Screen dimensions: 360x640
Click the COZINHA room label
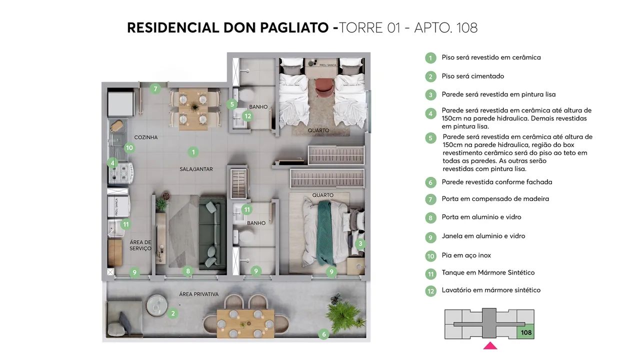click(x=145, y=137)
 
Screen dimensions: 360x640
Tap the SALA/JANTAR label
click(x=196, y=169)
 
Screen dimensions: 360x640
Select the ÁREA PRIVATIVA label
click(x=199, y=294)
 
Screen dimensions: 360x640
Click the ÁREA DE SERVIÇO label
click(x=140, y=245)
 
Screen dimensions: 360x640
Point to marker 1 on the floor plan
click(x=193, y=152)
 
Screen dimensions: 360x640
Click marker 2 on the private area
click(x=173, y=313)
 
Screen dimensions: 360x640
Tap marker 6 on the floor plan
click(x=323, y=334)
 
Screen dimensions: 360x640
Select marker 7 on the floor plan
click(x=155, y=89)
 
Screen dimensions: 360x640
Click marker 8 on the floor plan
click(x=188, y=271)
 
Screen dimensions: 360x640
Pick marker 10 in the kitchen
click(x=129, y=147)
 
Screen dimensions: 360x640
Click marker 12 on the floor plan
click(x=247, y=116)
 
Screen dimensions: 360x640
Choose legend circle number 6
click(x=430, y=182)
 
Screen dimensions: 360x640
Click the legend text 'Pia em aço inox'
click(x=466, y=255)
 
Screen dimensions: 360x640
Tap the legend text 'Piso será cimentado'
click(x=472, y=76)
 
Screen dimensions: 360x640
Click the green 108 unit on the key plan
click(x=525, y=332)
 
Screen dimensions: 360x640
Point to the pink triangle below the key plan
click(x=490, y=345)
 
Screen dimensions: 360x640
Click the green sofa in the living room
click(x=211, y=232)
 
